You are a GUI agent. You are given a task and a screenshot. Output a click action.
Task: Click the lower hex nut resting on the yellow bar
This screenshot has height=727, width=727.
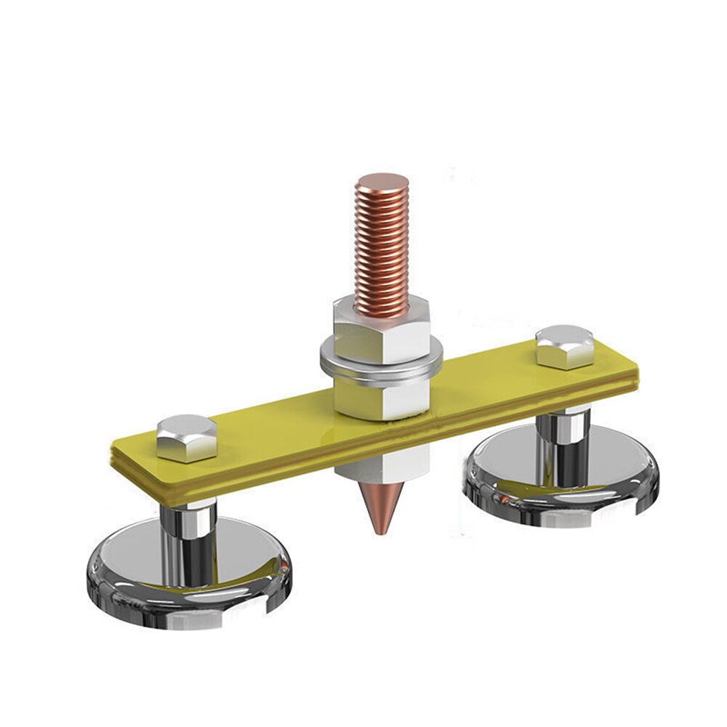(x=381, y=396)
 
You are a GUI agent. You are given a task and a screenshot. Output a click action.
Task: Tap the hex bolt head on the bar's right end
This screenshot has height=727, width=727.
(x=564, y=347)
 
